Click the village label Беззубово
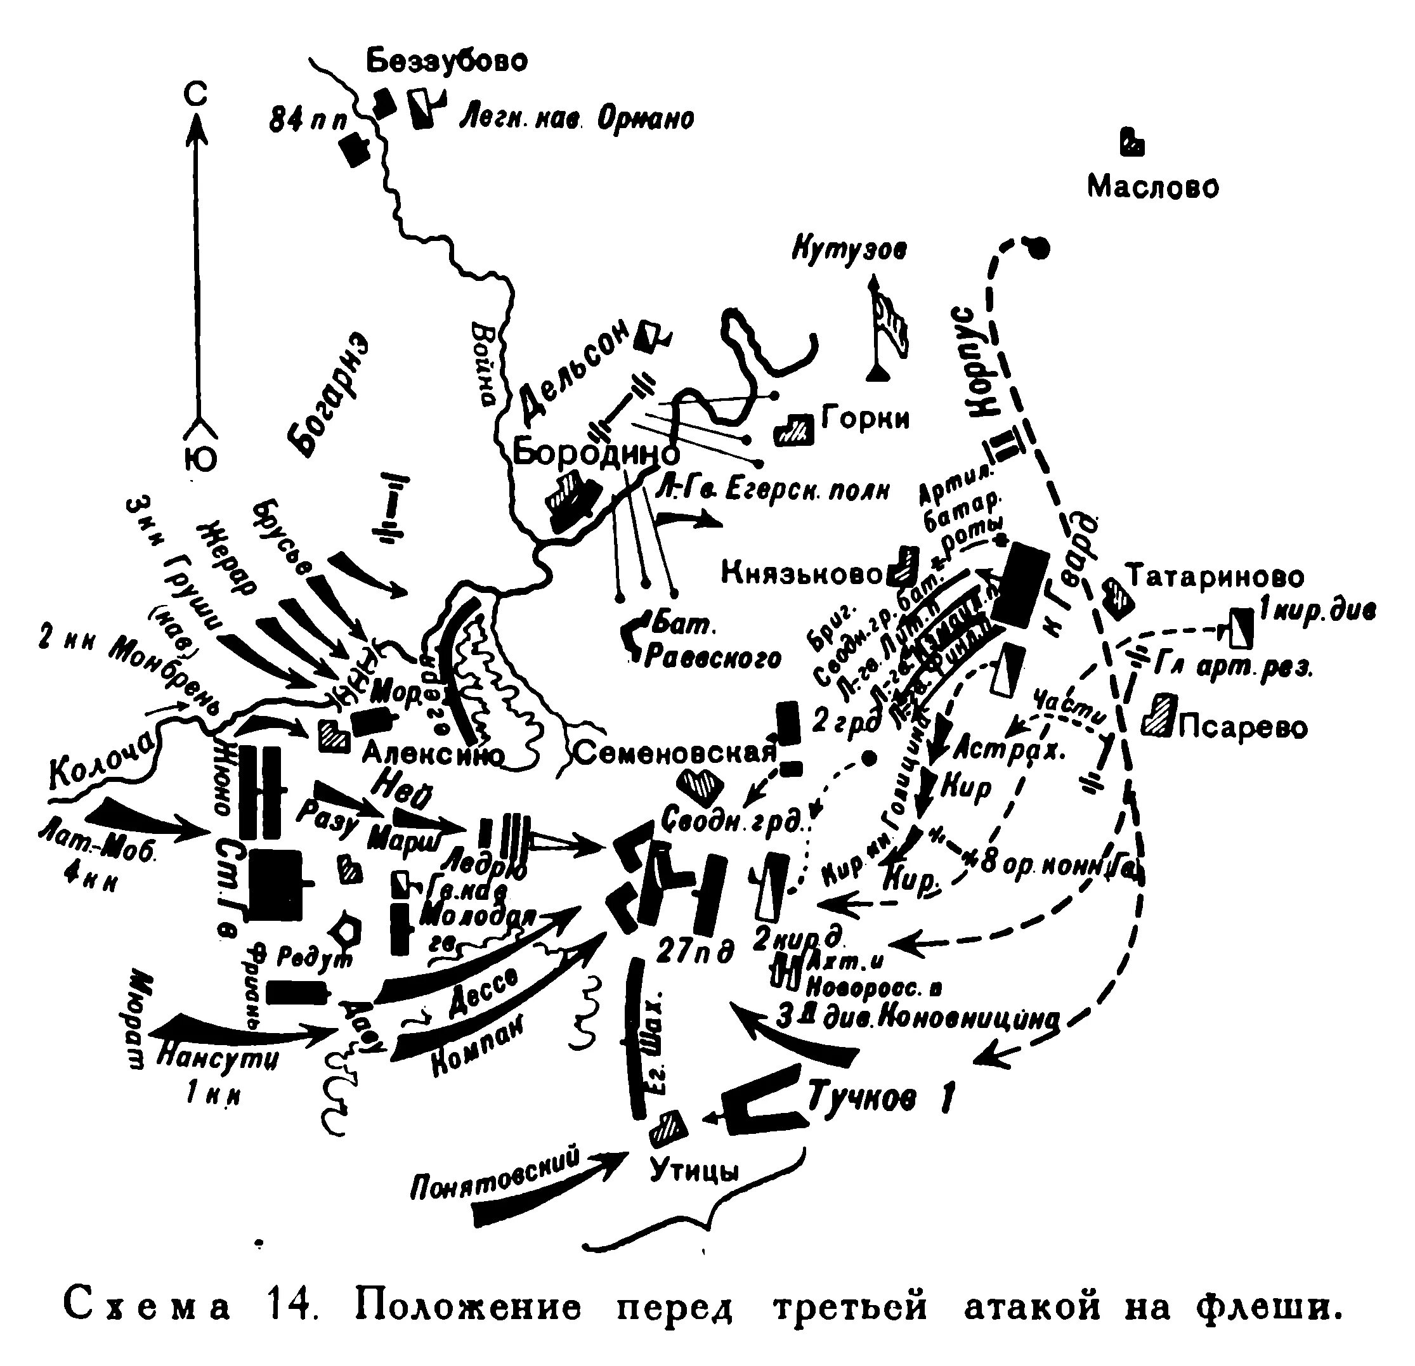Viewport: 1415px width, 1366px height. click(448, 62)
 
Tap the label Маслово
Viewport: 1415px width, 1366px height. click(1153, 187)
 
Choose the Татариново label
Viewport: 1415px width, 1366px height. click(1216, 577)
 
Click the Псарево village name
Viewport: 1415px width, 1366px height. click(1242, 727)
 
